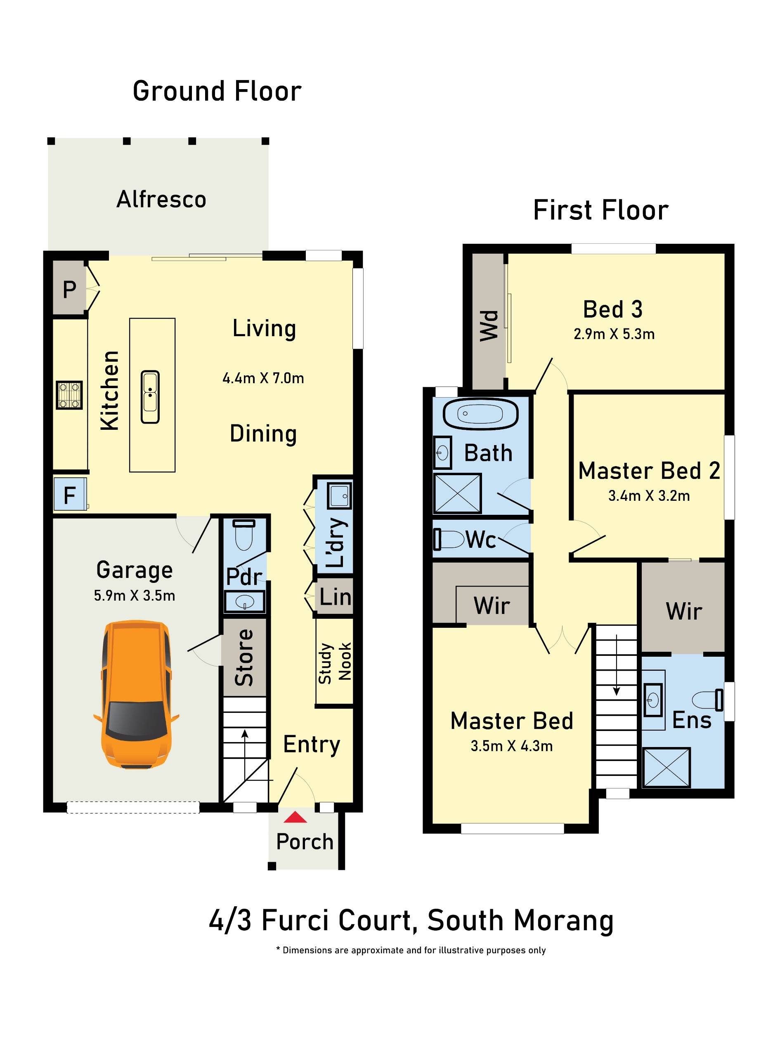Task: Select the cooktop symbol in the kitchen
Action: pos(69,395)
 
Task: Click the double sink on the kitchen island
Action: pos(150,397)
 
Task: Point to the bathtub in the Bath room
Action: pos(480,414)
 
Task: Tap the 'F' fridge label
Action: pos(69,495)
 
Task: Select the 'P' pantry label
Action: pos(69,289)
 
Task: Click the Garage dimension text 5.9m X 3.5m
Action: pos(135,596)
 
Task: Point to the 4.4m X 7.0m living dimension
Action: pos(263,378)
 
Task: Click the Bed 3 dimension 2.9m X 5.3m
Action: pos(614,334)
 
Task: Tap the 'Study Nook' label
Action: pos(334,662)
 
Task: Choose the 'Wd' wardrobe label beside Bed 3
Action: pos(489,325)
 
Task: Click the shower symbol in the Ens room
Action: pos(666,768)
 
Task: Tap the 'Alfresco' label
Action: pos(161,199)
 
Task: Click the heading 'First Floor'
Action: pos(600,210)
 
